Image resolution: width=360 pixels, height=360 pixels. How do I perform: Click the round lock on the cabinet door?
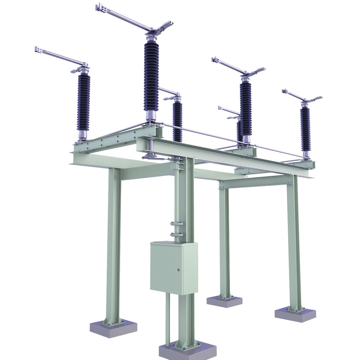pyautogui.click(x=178, y=270)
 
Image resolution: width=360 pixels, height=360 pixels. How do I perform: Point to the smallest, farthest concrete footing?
pyautogui.click(x=224, y=301)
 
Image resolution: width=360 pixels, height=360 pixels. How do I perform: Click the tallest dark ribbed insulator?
pyautogui.click(x=151, y=77)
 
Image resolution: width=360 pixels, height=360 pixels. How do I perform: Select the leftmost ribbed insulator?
pyautogui.click(x=83, y=102)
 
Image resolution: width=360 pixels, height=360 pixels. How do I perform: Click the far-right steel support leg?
pyautogui.click(x=294, y=243)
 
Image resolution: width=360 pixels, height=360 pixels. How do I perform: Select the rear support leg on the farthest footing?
pyautogui.click(x=224, y=243)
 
